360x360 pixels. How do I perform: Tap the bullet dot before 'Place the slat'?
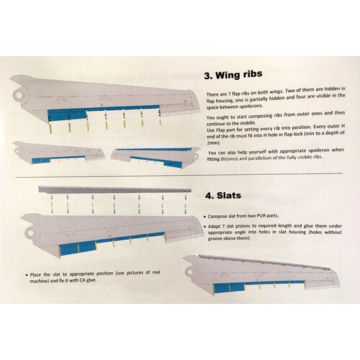[x=27, y=274]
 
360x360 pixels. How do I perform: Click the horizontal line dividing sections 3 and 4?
[x=180, y=175]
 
